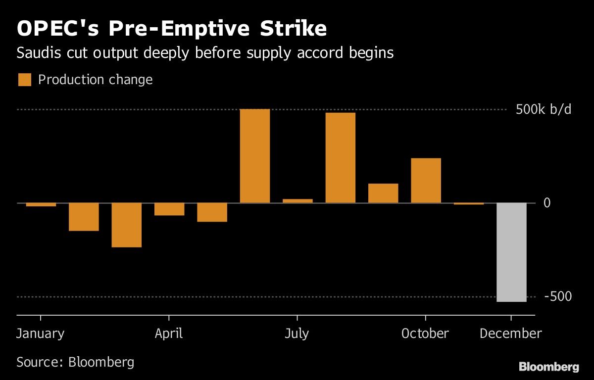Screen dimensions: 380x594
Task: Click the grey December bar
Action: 511,252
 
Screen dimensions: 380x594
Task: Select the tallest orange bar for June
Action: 255,156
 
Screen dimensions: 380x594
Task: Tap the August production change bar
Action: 341,158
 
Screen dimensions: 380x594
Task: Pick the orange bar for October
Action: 426,181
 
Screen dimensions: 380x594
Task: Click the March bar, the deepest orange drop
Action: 127,225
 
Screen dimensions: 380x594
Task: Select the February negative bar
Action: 84,217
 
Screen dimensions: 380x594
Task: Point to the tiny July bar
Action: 297,201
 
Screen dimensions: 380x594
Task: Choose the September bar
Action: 383,193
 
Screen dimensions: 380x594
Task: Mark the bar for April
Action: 169,209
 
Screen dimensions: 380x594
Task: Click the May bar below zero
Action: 212,212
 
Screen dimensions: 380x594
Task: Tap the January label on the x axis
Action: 40,333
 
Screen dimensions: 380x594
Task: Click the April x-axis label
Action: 169,333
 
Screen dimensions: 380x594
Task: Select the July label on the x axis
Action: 297,333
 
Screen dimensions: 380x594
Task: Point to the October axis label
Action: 425,333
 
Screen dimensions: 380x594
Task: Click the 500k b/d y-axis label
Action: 544,109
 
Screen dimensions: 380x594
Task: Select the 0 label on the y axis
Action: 547,203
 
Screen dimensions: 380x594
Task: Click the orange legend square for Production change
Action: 25,80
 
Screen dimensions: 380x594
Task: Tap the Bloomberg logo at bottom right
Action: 548,367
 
